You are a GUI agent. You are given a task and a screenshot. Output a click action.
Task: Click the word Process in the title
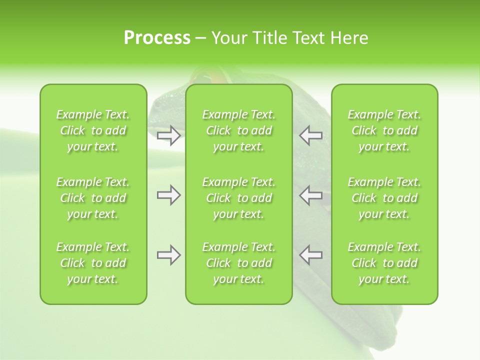(x=157, y=38)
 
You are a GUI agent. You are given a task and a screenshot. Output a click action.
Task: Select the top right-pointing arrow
(x=169, y=135)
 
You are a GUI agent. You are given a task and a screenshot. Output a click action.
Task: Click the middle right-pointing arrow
(x=169, y=195)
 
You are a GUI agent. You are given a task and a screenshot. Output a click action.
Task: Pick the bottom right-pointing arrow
(x=169, y=255)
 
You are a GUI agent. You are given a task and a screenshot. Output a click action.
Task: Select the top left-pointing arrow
(x=310, y=135)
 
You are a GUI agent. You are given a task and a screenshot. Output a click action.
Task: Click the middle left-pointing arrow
(x=310, y=195)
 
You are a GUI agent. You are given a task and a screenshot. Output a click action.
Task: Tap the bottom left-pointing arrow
(x=310, y=255)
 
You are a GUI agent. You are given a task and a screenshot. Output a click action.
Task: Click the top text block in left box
(x=93, y=130)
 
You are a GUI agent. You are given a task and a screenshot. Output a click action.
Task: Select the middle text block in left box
(x=93, y=198)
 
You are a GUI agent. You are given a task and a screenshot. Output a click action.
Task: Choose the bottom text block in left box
(x=93, y=263)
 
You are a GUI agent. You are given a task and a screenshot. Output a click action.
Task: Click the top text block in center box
(x=238, y=130)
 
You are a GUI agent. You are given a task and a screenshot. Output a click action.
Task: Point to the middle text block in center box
(x=238, y=198)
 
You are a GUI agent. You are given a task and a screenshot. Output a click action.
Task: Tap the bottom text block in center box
(x=238, y=263)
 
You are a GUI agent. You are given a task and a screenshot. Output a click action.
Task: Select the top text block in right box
(x=384, y=130)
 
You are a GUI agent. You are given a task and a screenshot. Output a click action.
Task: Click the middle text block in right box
(x=384, y=198)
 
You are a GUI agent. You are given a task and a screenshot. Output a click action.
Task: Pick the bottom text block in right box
(x=384, y=263)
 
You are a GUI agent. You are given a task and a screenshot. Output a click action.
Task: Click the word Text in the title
(x=308, y=38)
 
